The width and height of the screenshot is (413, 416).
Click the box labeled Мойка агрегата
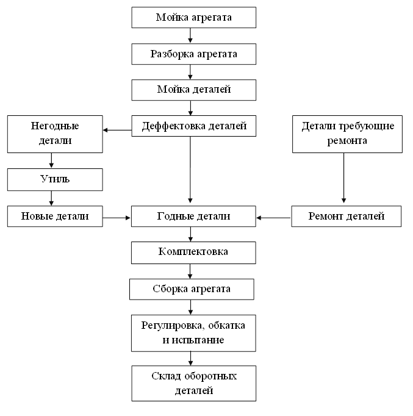tap(193, 18)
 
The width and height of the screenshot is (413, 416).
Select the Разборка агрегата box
tap(193, 54)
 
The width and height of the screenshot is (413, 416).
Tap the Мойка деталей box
tap(193, 90)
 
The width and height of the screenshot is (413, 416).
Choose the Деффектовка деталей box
tap(193, 126)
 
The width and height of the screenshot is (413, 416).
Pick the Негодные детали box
tap(55, 134)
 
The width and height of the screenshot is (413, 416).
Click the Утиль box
tap(55, 179)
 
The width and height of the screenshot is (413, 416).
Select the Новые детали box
tap(55, 216)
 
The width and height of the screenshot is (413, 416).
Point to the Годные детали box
tap(193, 216)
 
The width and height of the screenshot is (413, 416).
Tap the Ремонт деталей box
tap(346, 216)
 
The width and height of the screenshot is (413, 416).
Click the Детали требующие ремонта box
tap(347, 134)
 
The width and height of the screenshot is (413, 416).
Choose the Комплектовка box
tap(193, 253)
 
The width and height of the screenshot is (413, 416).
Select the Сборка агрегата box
tap(192, 289)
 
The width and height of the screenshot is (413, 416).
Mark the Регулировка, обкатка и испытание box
tap(193, 333)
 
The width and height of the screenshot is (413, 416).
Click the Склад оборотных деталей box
tap(193, 384)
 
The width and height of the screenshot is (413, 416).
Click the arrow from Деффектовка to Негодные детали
tap(117, 130)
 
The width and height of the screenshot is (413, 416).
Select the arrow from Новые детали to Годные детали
tap(117, 218)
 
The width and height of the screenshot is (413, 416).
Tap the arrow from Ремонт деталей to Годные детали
tap(274, 218)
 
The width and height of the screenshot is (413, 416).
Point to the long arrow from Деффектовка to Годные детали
tap(190, 170)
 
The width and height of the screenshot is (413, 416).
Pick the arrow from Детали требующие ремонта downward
tap(344, 178)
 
